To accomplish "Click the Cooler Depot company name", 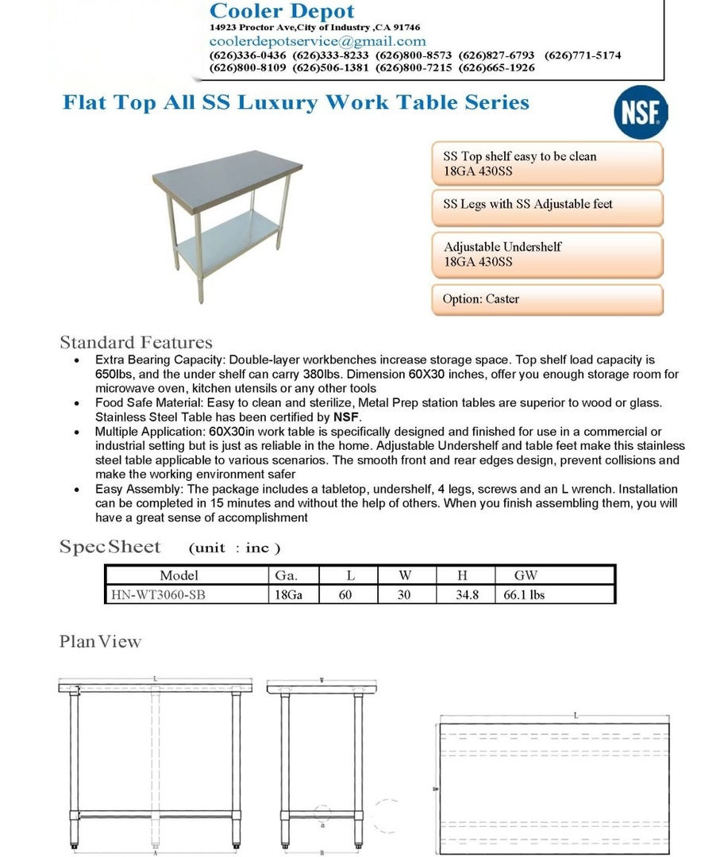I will pos(282,11).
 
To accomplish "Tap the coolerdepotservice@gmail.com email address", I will pos(318,41).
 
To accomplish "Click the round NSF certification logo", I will pos(641,114).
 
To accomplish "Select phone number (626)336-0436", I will pos(248,56).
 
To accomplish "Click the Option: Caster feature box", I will pos(547,299).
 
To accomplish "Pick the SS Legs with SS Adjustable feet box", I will pos(547,205).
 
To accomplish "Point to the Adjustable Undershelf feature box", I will pos(547,254).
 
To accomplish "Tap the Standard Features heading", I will pos(136,343).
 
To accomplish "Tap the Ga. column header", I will pos(286,575).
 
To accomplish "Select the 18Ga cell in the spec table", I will pos(286,594).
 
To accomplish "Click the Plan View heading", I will pos(100,641).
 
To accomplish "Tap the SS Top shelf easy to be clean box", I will pos(547,163).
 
